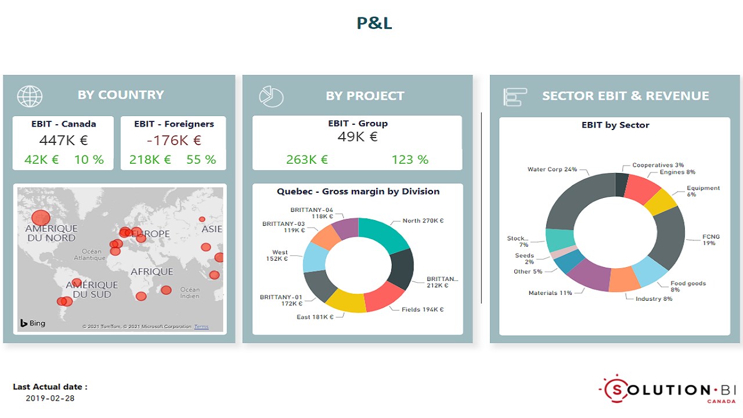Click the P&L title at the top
[x=374, y=23]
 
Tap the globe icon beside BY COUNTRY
[x=30, y=96]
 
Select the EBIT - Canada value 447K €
[x=63, y=140]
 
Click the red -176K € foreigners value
[x=174, y=140]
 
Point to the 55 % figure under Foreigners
[x=201, y=160]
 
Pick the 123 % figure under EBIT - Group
[x=410, y=160]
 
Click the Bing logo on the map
[x=33, y=323]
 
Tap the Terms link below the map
[x=201, y=327]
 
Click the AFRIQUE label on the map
[x=152, y=272]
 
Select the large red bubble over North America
[x=41, y=218]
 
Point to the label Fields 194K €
[x=423, y=309]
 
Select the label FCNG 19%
[x=710, y=240]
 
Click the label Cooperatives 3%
[x=658, y=165]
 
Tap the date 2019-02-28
[x=50, y=398]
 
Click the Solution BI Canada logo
[x=667, y=390]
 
